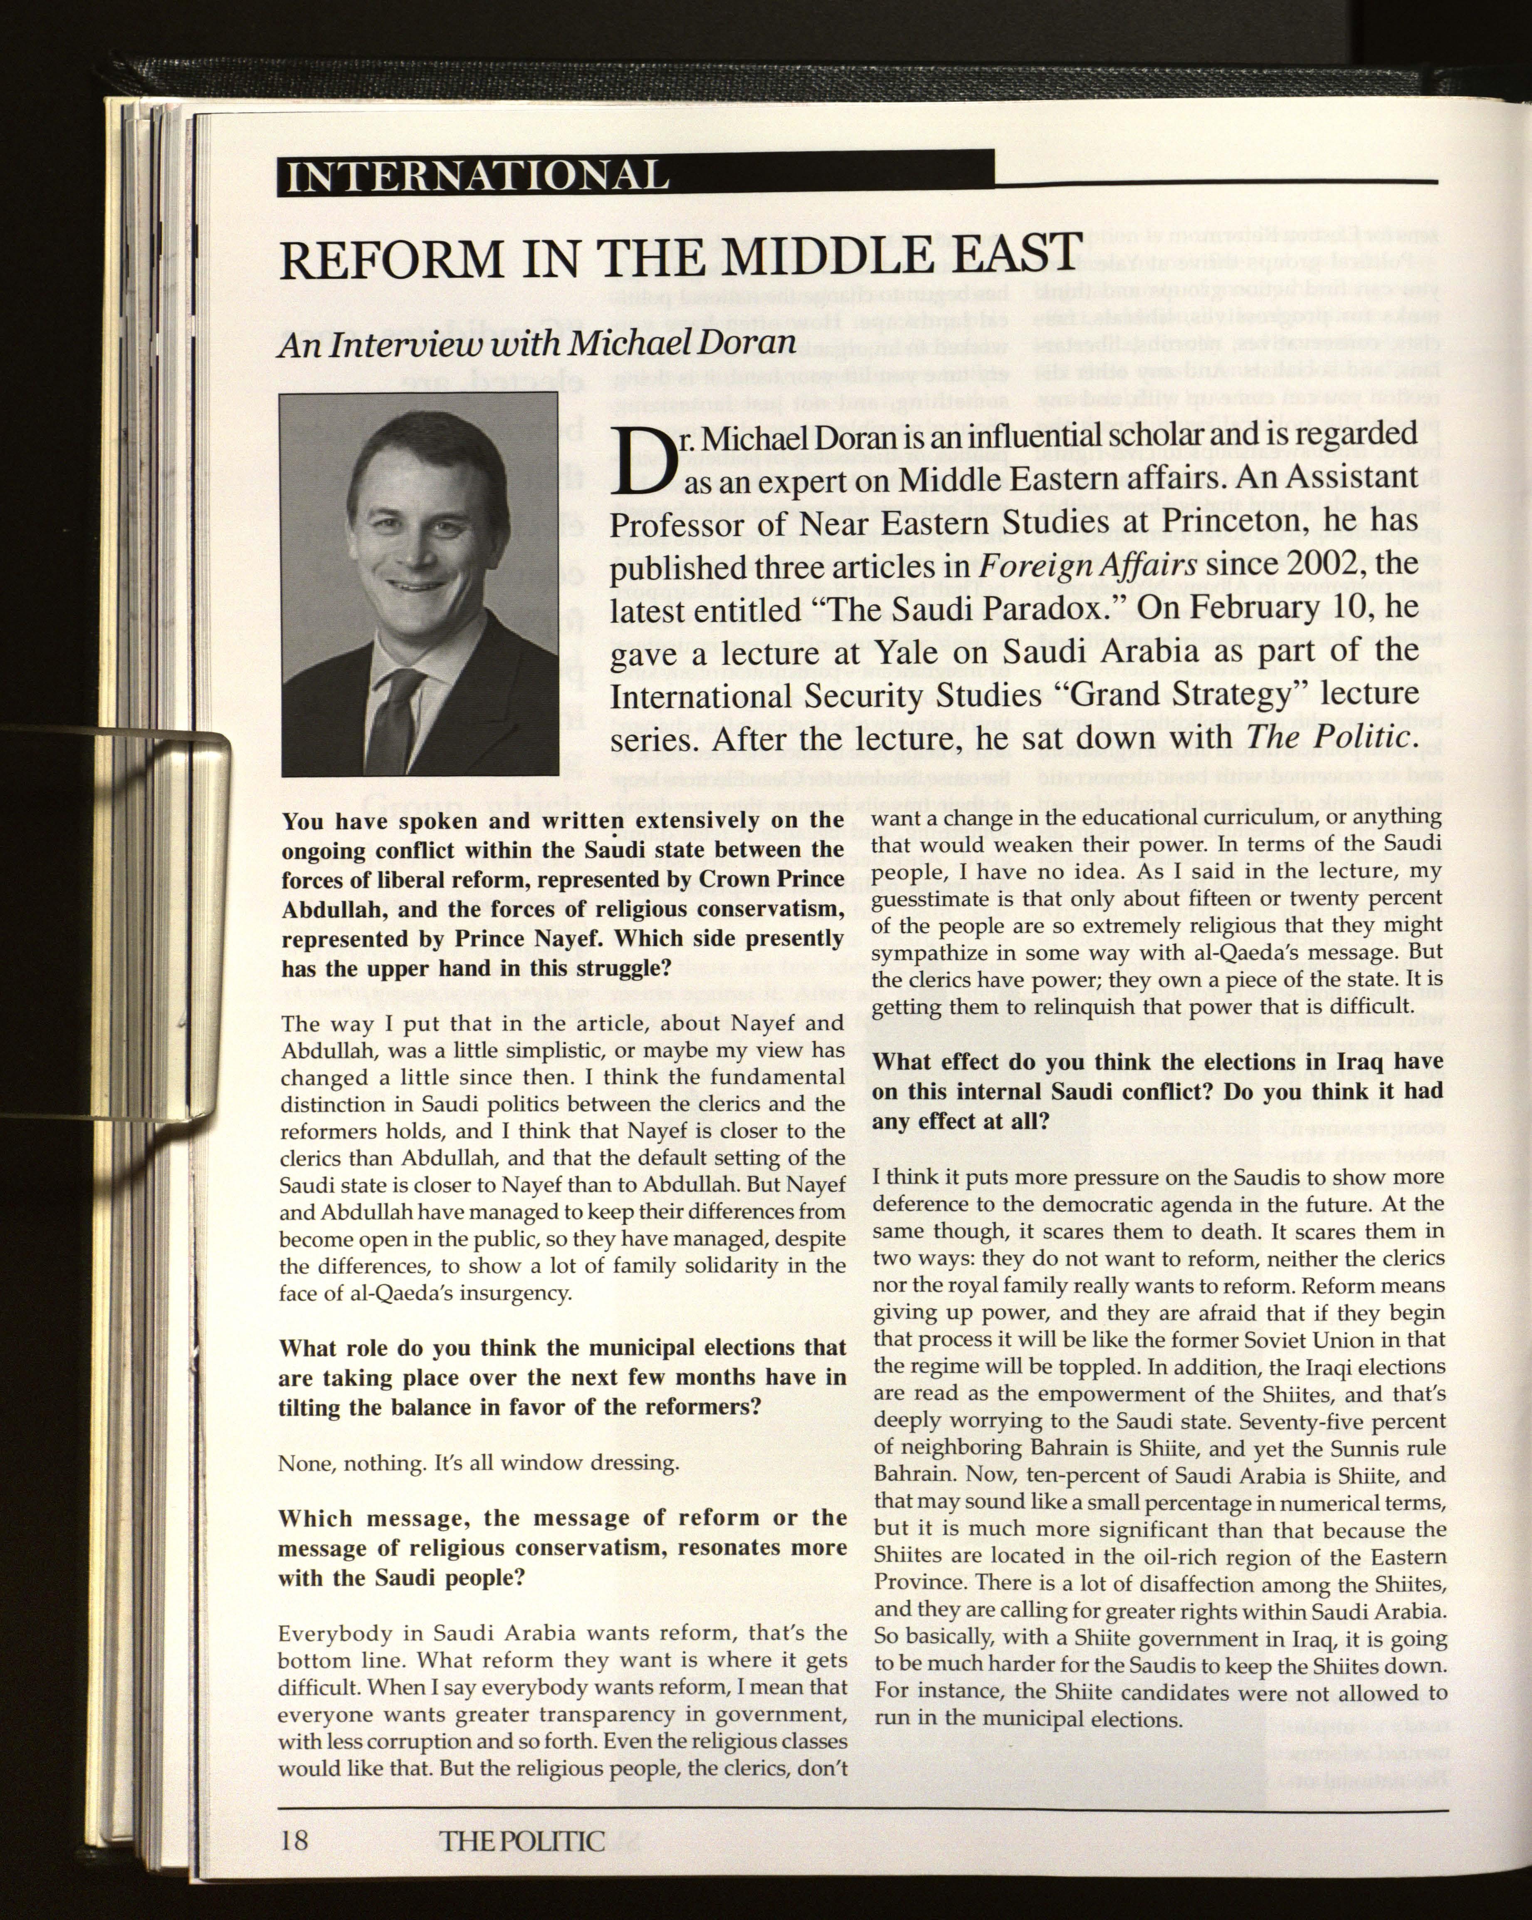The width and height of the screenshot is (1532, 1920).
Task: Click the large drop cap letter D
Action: tap(641, 462)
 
